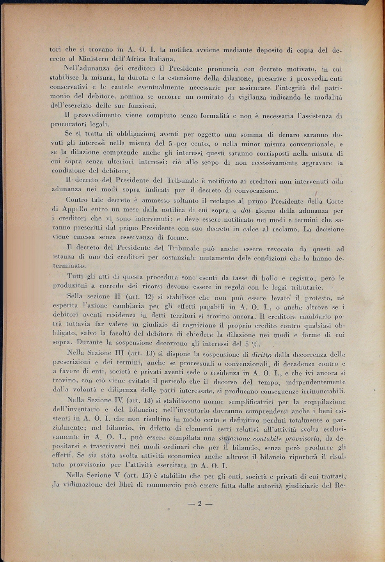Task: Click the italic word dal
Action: pos(246,211)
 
